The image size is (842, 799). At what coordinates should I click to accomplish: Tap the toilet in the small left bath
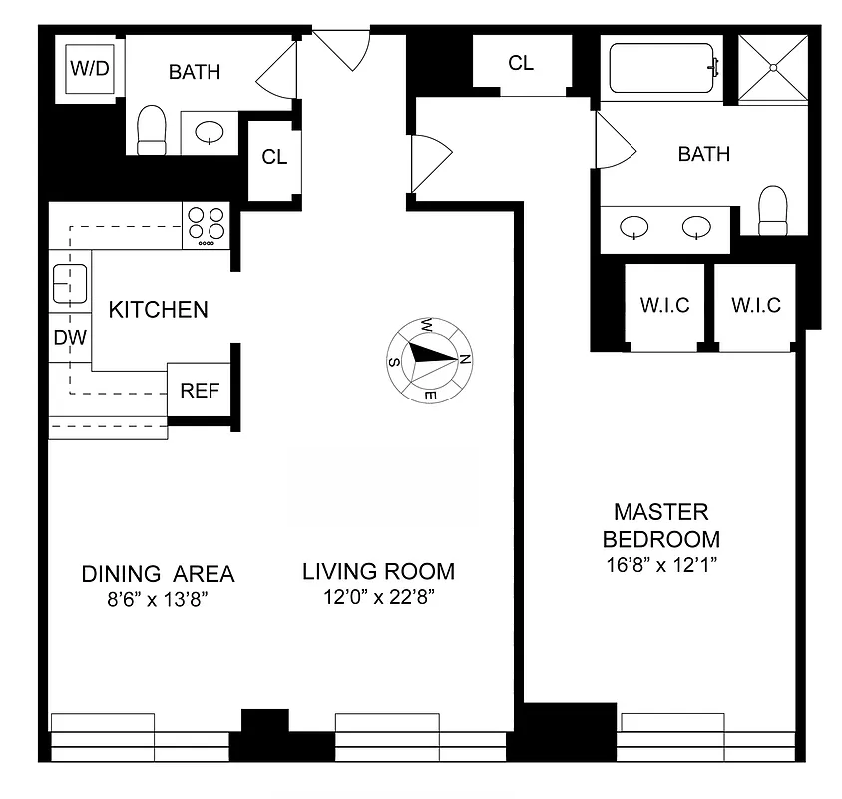pyautogui.click(x=151, y=132)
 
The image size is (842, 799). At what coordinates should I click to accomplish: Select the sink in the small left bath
pyautogui.click(x=210, y=132)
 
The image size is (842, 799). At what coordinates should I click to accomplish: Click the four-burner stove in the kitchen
pyautogui.click(x=206, y=226)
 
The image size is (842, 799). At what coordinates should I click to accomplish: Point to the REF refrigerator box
pyautogui.click(x=199, y=391)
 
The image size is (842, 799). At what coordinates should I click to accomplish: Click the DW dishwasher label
pyautogui.click(x=69, y=338)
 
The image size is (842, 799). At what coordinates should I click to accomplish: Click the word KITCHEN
pyautogui.click(x=158, y=310)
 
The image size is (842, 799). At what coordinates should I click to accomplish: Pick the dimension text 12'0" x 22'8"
pyautogui.click(x=378, y=598)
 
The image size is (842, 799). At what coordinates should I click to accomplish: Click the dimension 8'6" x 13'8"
pyautogui.click(x=158, y=600)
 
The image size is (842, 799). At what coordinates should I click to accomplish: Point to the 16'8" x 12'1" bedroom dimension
pyautogui.click(x=660, y=564)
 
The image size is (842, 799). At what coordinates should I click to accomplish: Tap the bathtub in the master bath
pyautogui.click(x=661, y=68)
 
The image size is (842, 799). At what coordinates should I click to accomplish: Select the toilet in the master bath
pyautogui.click(x=773, y=209)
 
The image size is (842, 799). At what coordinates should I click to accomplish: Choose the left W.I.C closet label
pyautogui.click(x=664, y=306)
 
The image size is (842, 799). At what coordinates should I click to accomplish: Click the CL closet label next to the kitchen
pyautogui.click(x=274, y=157)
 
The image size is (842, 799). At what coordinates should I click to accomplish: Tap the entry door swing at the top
pyautogui.click(x=342, y=50)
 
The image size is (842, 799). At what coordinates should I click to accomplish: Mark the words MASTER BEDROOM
pyautogui.click(x=660, y=525)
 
